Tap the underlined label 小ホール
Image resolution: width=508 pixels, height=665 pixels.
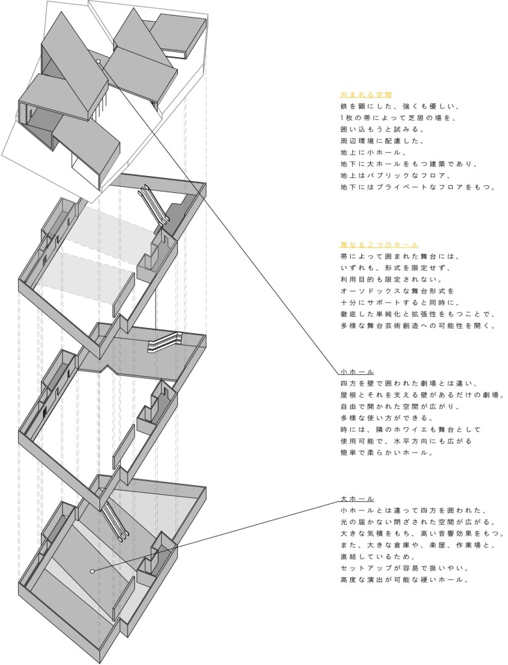click(x=357, y=372)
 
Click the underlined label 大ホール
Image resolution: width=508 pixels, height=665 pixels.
click(x=357, y=499)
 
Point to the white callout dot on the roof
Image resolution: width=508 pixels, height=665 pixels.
click(x=99, y=62)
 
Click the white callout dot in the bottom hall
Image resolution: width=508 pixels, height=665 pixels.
click(x=92, y=571)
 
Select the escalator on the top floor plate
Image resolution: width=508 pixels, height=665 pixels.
click(x=154, y=203)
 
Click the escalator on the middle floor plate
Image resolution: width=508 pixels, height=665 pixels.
click(x=165, y=342)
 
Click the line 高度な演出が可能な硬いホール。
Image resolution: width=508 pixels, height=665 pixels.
click(x=405, y=579)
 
